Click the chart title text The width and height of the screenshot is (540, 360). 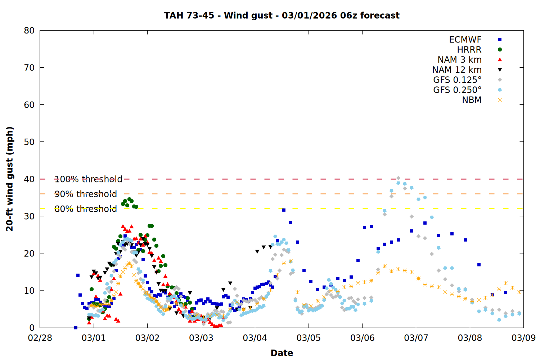[282, 15]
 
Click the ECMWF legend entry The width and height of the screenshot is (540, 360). [465, 40]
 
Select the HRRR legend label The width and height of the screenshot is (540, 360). [469, 50]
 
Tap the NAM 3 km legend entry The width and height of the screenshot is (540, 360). [459, 60]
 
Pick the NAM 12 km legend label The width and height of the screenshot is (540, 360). [457, 70]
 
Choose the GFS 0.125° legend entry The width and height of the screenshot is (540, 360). [457, 80]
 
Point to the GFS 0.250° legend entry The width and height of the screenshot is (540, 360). [457, 90]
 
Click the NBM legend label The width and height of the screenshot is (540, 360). [472, 100]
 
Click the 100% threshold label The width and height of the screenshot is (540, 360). [88, 179]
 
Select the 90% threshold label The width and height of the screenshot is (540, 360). [86, 194]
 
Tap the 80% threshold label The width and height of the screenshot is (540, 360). [86, 209]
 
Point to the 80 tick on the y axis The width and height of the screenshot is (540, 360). [29, 31]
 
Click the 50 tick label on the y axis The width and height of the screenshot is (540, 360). [29, 142]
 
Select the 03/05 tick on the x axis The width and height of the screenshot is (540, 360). [309, 338]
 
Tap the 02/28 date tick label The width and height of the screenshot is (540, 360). [40, 338]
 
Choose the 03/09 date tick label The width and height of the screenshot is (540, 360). [523, 338]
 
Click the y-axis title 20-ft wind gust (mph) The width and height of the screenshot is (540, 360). [10, 179]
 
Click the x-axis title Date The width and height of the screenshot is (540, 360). [282, 353]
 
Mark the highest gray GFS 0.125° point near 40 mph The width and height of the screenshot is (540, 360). [398, 178]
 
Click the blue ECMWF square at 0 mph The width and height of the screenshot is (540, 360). [76, 328]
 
